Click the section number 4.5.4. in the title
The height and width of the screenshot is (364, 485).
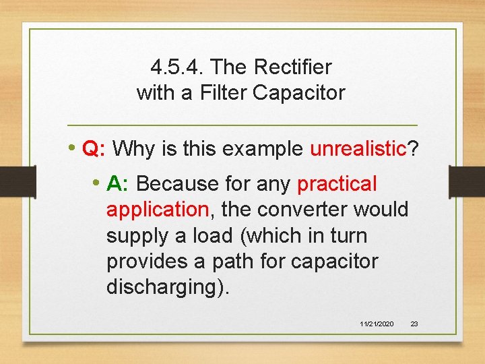coord(176,67)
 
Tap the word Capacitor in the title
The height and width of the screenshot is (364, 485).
coord(298,92)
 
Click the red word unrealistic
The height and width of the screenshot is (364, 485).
coord(358,148)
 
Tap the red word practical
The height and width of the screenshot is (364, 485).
coord(337,183)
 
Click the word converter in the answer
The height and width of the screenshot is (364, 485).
coord(298,210)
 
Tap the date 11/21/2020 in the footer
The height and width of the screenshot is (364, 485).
coord(377,324)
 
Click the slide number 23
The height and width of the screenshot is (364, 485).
coord(414,324)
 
